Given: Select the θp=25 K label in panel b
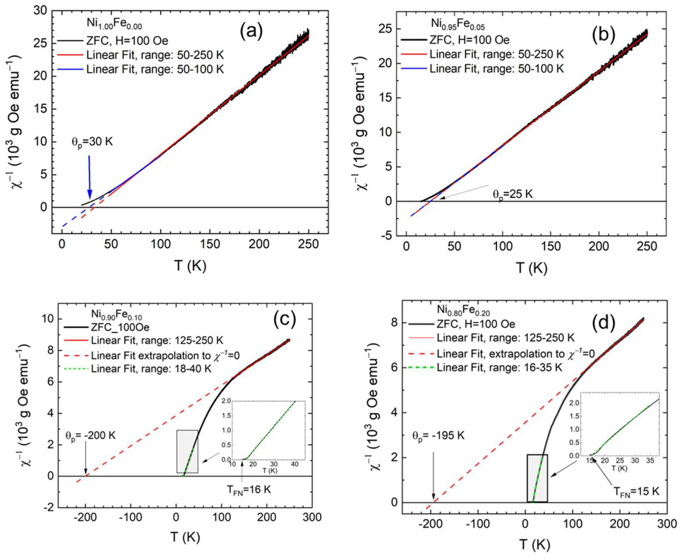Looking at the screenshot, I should coord(513,194).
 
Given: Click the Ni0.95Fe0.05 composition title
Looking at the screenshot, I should coord(458,24).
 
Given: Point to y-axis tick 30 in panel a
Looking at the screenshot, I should coord(40,11).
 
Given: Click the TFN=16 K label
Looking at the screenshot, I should coord(248,490).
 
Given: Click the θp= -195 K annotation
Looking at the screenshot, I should coord(438,435).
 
